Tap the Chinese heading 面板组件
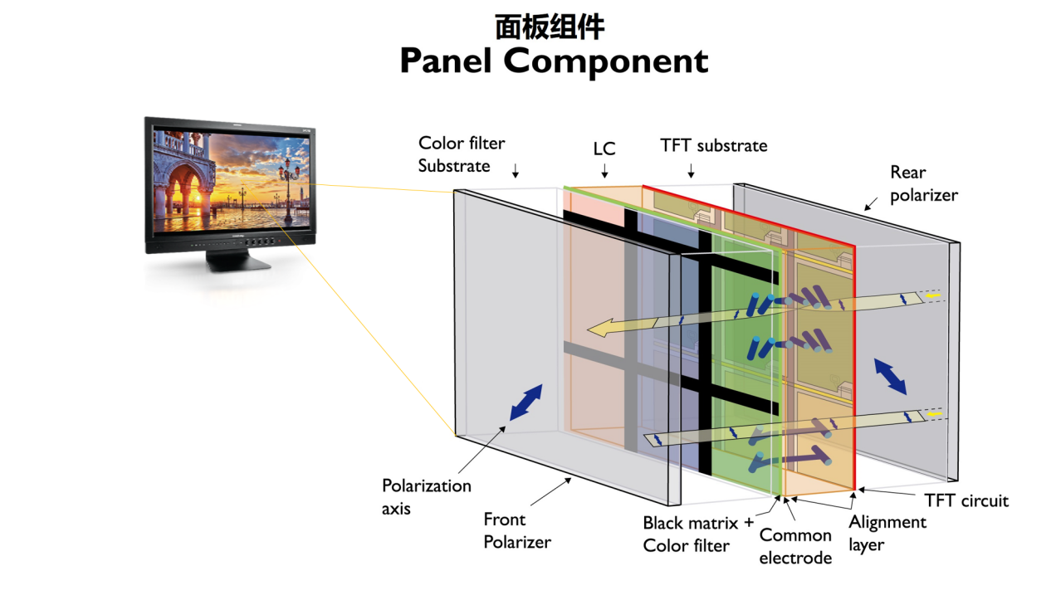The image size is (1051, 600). [x=550, y=27]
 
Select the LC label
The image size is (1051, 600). [x=604, y=149]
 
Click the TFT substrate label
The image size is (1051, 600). [x=714, y=146]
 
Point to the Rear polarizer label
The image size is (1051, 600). [x=924, y=184]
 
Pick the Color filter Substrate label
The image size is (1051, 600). [x=462, y=154]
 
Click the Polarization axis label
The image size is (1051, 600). [x=426, y=497]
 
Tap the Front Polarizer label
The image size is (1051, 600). [x=517, y=531]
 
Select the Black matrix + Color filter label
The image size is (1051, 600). [x=698, y=534]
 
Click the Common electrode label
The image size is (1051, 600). [x=795, y=547]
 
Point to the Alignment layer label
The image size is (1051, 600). [x=887, y=534]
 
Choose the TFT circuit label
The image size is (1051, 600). [x=966, y=500]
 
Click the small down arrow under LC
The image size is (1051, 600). [x=605, y=171]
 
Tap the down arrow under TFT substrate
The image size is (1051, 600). [x=691, y=171]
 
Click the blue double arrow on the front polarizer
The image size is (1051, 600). [x=526, y=402]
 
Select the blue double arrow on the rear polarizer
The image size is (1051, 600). [x=890, y=377]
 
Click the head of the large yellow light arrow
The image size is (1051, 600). [x=600, y=328]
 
